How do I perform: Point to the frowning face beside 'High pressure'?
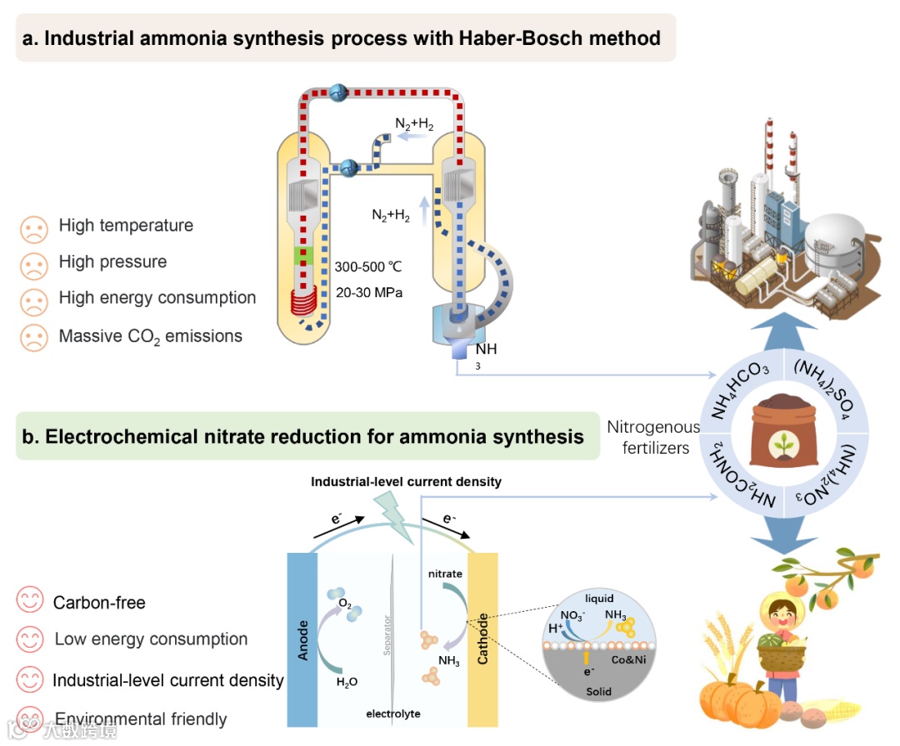(x=34, y=262)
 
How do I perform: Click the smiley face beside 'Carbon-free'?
(x=31, y=601)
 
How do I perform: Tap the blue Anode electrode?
(x=302, y=639)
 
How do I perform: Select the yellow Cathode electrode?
(x=482, y=639)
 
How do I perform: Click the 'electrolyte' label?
(x=393, y=714)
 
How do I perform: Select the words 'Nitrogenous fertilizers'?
(x=652, y=437)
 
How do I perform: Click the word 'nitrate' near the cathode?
(x=445, y=574)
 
